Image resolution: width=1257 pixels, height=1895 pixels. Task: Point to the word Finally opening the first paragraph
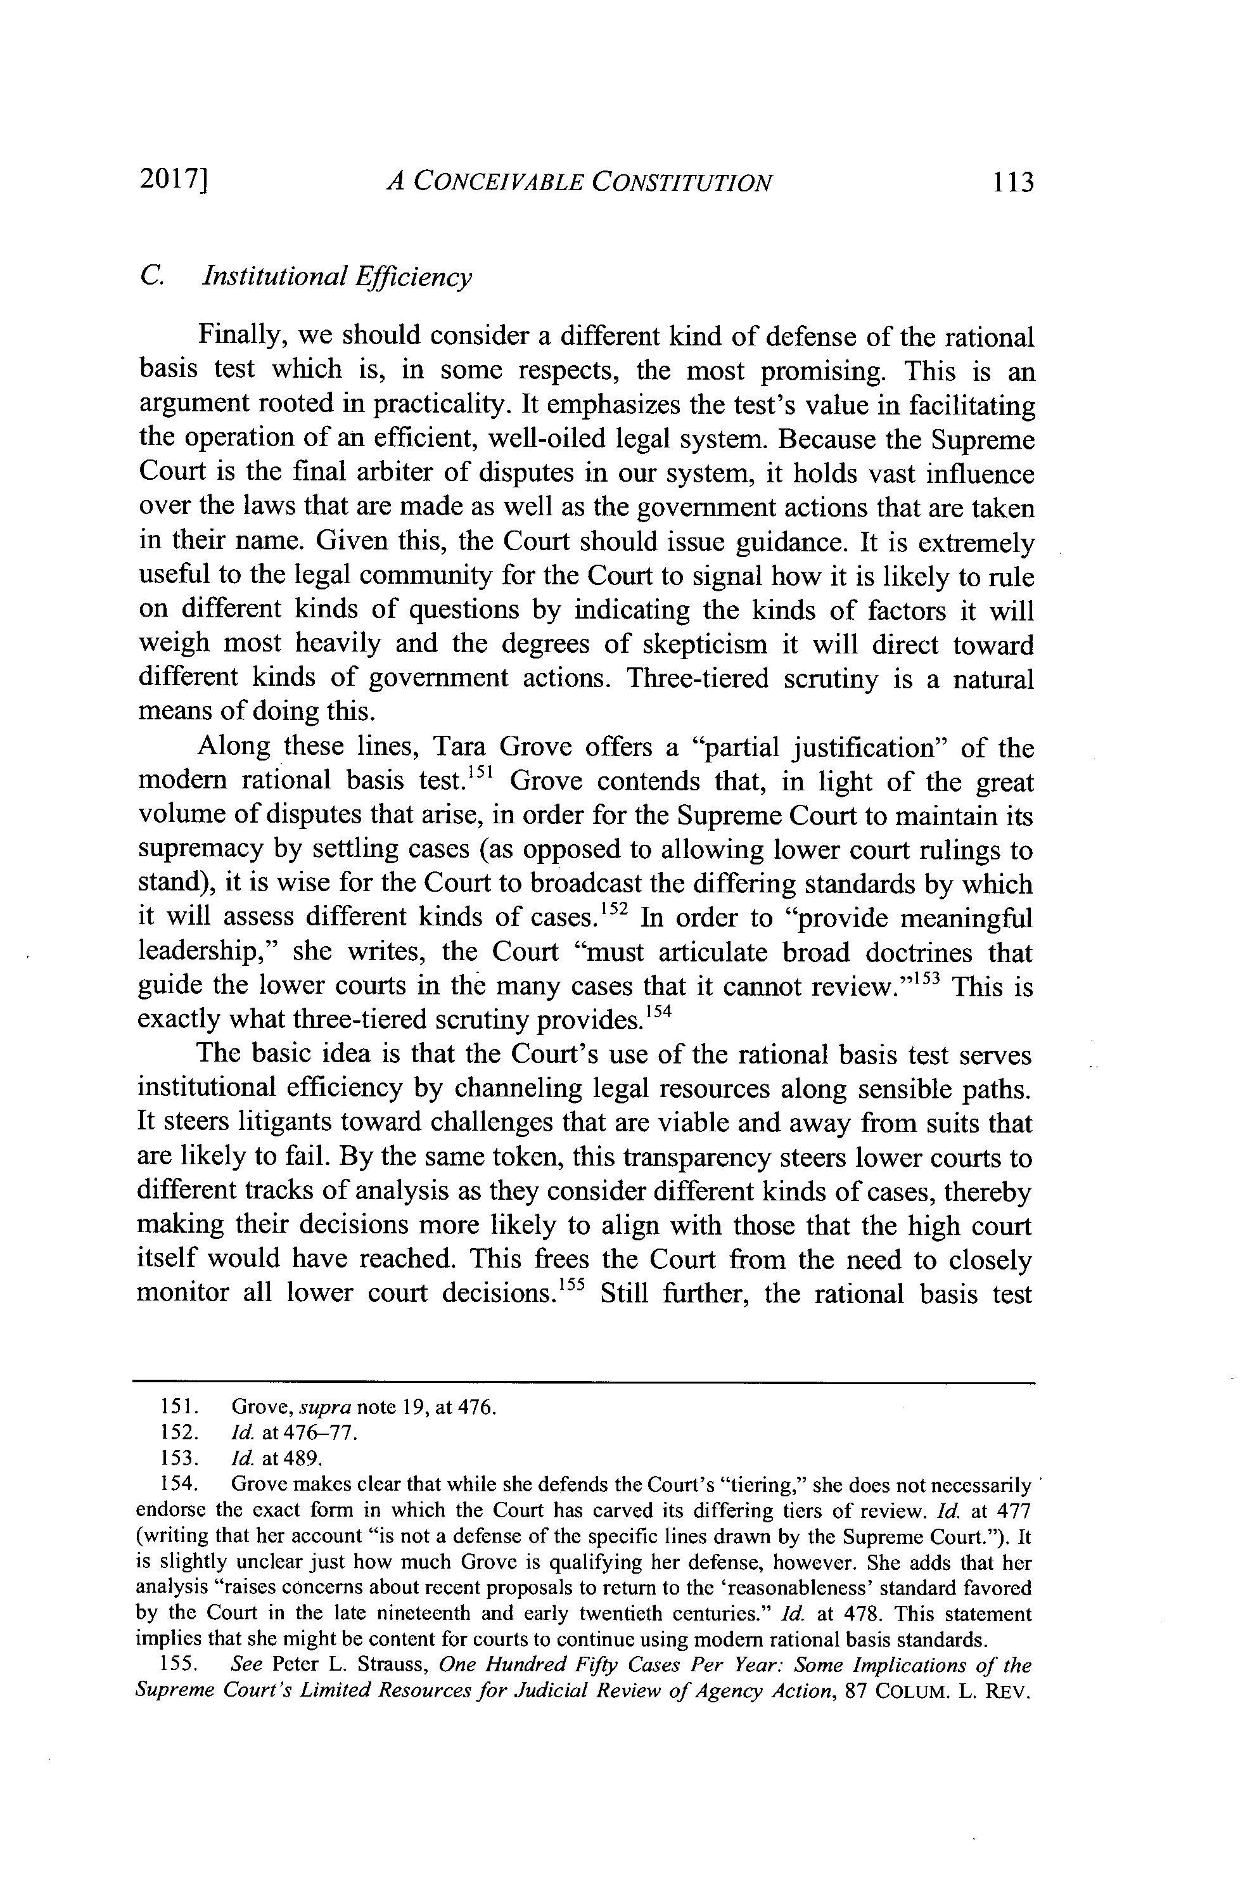[241, 337]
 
